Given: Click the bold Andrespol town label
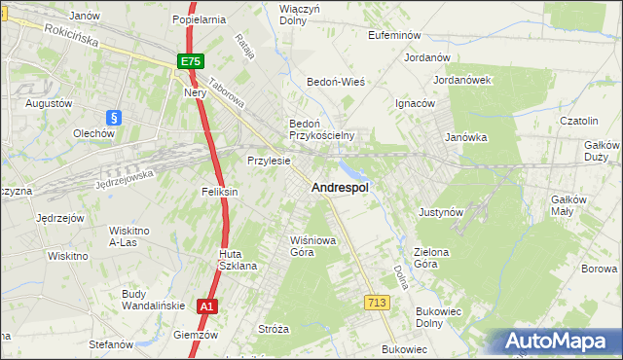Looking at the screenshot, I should tap(339, 188).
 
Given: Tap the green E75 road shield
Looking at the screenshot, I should tap(191, 61).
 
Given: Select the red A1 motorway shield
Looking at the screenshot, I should tap(205, 306).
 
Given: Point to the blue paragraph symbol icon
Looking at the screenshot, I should tap(114, 117).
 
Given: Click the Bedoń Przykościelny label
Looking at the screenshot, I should tap(321, 129).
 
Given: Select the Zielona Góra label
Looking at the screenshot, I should tap(431, 258).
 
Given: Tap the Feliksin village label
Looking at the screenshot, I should tap(220, 193).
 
